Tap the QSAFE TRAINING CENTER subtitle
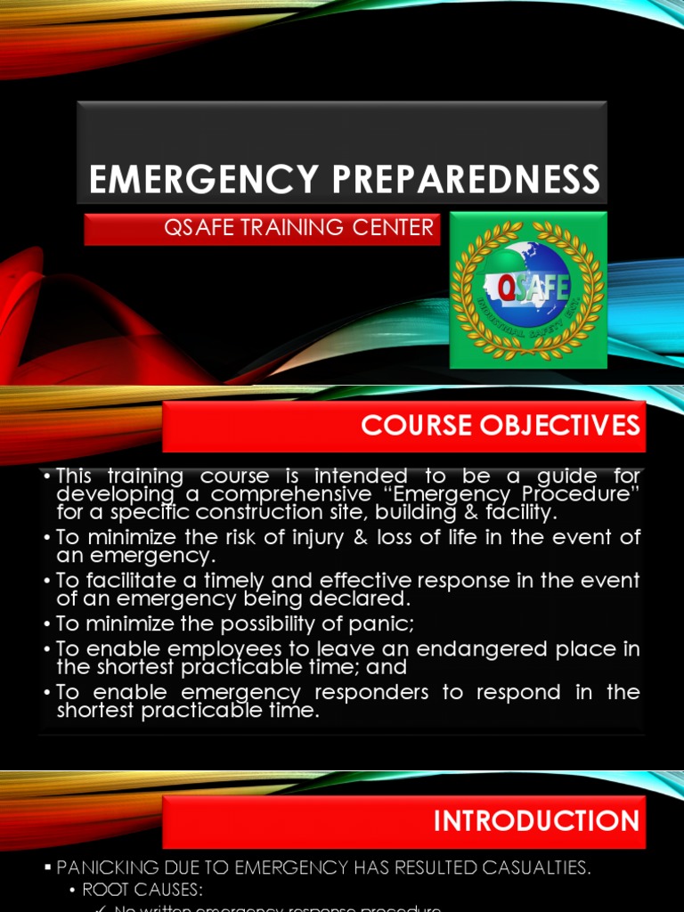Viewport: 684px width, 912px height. pos(298,228)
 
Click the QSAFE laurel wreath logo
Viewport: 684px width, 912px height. pos(528,290)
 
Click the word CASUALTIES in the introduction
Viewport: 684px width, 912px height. pos(526,867)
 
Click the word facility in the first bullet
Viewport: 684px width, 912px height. pos(520,512)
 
